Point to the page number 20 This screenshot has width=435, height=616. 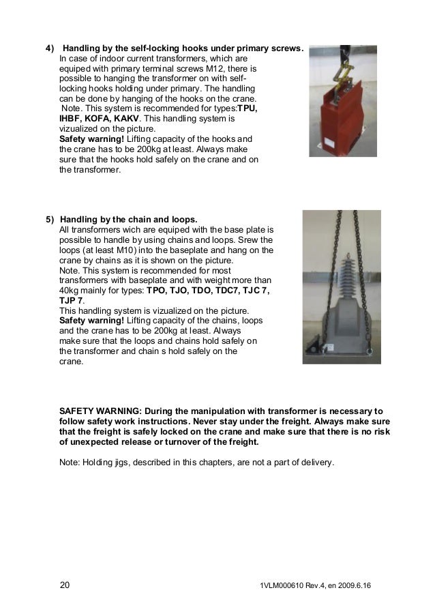pos(65,586)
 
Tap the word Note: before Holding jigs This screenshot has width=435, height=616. pos(71,462)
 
